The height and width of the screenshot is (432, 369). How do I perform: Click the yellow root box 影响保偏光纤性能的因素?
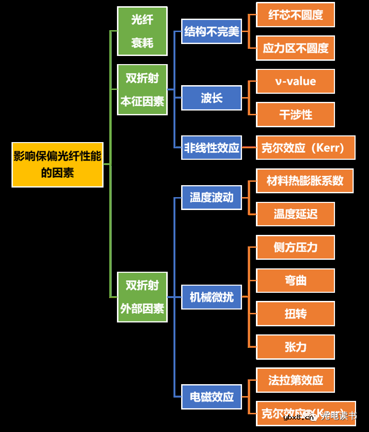[x=58, y=164]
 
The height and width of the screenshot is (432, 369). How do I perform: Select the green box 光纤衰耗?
[x=142, y=31]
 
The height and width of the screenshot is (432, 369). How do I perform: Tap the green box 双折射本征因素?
[x=142, y=89]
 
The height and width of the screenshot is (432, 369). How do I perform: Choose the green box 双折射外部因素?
[x=142, y=297]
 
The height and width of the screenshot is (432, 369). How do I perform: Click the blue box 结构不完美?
[x=211, y=32]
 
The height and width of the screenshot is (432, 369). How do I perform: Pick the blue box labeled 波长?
[x=211, y=98]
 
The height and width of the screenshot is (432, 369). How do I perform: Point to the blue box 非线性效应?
[x=211, y=147]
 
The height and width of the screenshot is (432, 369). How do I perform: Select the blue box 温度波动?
[x=211, y=197]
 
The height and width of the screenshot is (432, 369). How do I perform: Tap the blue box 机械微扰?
[x=211, y=297]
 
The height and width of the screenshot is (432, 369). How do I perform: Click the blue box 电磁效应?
[x=211, y=397]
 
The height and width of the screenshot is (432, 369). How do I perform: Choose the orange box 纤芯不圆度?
[x=295, y=15]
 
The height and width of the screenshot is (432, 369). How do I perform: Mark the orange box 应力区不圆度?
[x=295, y=48]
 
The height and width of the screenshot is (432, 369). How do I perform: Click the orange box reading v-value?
[x=295, y=81]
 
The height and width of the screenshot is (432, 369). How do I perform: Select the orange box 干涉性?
[x=295, y=114]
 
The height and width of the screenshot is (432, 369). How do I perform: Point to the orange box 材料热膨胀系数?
[x=305, y=180]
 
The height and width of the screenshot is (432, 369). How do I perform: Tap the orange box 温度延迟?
[x=295, y=214]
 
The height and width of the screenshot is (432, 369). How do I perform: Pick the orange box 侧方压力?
[x=295, y=247]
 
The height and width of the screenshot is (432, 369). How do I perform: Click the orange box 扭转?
[x=295, y=314]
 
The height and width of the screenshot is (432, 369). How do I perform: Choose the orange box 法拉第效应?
[x=295, y=380]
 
